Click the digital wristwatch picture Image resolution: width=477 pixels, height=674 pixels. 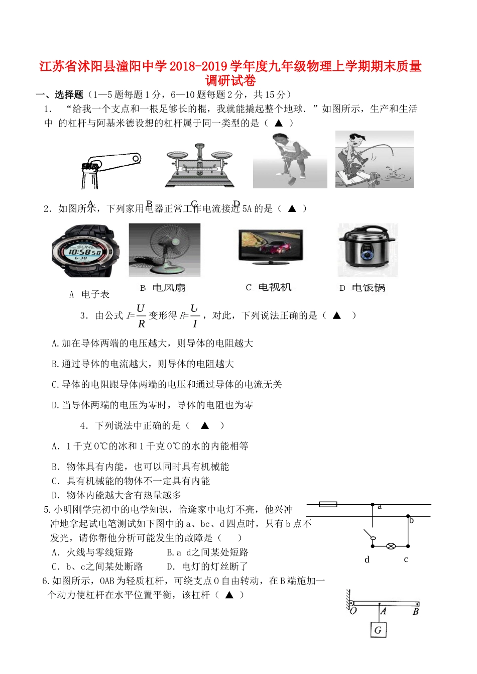tap(85, 251)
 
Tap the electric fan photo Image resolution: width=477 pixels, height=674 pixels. tap(165, 250)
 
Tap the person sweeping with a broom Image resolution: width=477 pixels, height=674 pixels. tap(290, 160)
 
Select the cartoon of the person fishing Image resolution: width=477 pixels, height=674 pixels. tap(374, 159)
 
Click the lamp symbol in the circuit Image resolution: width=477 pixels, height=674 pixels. tap(391, 546)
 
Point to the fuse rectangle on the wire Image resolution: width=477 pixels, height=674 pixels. tap(328, 504)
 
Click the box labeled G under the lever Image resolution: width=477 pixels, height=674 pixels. tap(378, 630)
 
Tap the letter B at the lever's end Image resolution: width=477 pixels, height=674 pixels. tap(416, 612)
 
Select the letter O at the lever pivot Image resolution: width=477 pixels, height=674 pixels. tap(353, 611)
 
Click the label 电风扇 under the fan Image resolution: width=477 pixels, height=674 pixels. tap(169, 288)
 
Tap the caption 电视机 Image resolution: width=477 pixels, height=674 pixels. tap(274, 287)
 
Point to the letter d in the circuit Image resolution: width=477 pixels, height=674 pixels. tap(367, 559)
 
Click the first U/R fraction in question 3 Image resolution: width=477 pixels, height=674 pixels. tap(141, 315)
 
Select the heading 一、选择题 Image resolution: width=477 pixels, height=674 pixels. tap(59, 94)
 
